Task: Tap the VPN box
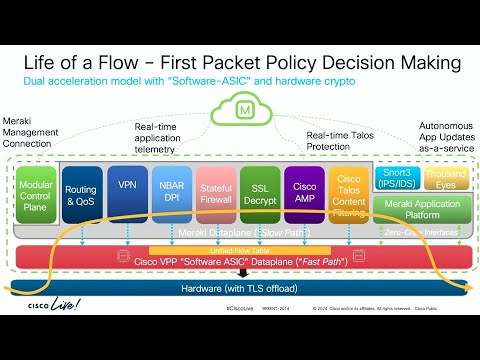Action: tap(127, 187)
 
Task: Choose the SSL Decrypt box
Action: tap(259, 192)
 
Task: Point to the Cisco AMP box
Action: tap(304, 192)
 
